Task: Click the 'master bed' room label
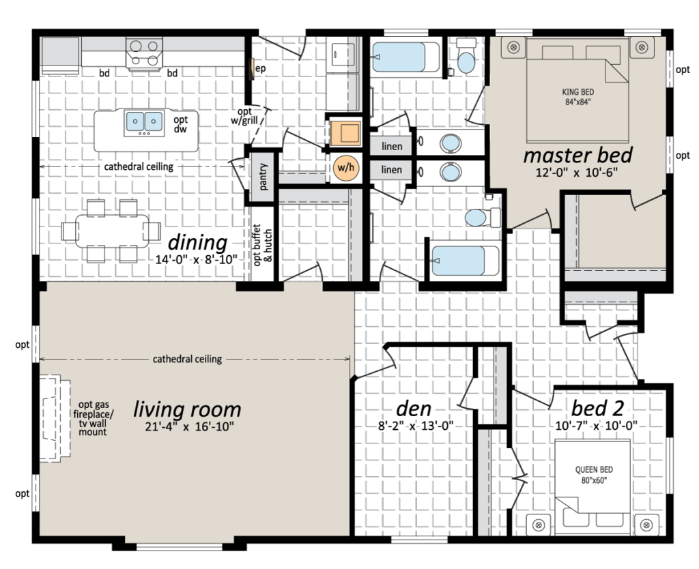[x=577, y=156]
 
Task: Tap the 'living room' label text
[x=187, y=409]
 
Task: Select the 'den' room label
[x=414, y=408]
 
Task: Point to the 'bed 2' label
[x=597, y=408]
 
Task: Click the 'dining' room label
[x=197, y=243]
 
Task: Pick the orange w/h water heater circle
[x=346, y=168]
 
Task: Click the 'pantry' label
[x=263, y=177]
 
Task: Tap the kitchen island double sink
[x=144, y=121]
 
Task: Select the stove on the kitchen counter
[x=144, y=54]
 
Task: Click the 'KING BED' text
[x=577, y=92]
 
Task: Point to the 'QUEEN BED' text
[x=594, y=469]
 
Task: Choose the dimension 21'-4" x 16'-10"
[x=190, y=426]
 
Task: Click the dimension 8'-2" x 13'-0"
[x=416, y=425]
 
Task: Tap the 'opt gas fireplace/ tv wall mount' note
[x=94, y=418]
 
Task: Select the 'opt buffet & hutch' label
[x=263, y=244]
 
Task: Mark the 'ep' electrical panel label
[x=260, y=68]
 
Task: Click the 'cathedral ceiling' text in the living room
[x=187, y=359]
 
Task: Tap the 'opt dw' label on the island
[x=180, y=124]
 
